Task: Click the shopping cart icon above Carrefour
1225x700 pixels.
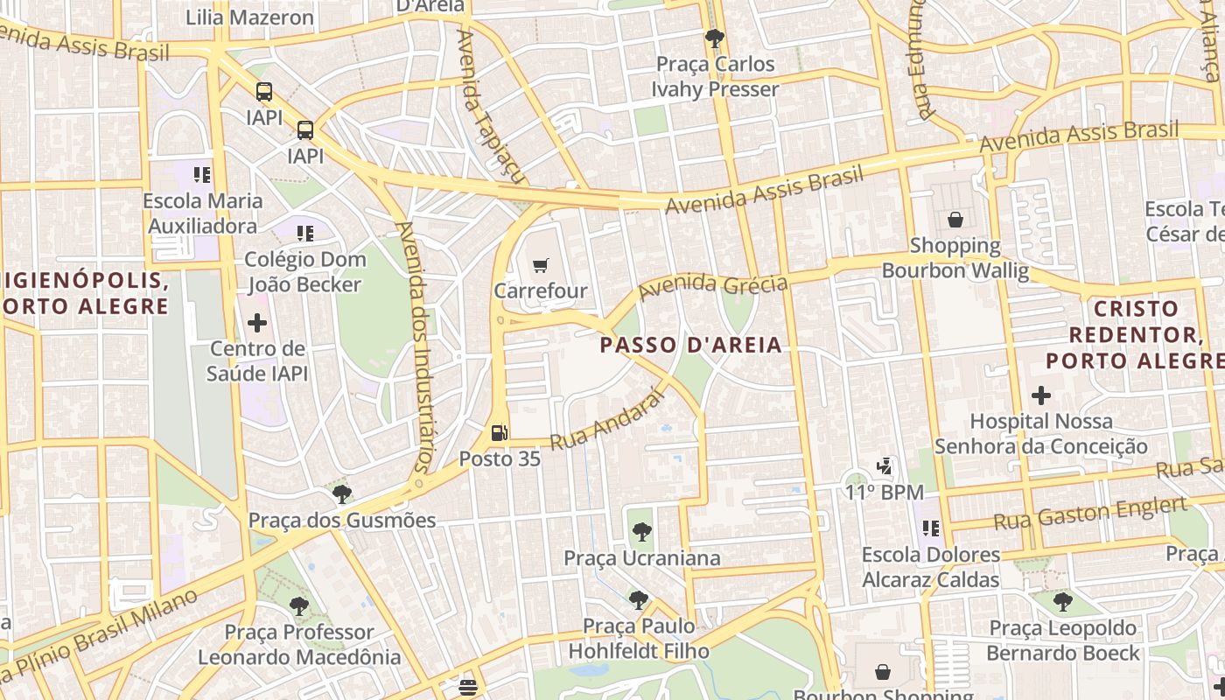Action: click(541, 264)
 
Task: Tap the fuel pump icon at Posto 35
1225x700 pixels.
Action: click(499, 432)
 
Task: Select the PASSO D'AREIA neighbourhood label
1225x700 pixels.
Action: click(691, 345)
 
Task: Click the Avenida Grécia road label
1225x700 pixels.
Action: click(714, 285)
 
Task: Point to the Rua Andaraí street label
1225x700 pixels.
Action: click(605, 424)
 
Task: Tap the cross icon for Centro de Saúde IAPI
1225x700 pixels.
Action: click(257, 323)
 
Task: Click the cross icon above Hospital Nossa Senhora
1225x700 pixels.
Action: click(1040, 395)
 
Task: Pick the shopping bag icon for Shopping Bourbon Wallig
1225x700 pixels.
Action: click(955, 220)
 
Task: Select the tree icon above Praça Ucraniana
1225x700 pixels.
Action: click(641, 531)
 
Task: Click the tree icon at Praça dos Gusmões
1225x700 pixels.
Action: click(342, 493)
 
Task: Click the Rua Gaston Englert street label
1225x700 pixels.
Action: click(1090, 514)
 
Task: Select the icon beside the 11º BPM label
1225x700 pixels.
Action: click(885, 467)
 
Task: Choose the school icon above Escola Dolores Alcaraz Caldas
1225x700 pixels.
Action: click(930, 528)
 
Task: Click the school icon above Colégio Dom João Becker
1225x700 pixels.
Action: click(304, 234)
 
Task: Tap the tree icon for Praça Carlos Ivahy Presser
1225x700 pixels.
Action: click(715, 38)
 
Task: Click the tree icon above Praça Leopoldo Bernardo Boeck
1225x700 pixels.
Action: click(1063, 602)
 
